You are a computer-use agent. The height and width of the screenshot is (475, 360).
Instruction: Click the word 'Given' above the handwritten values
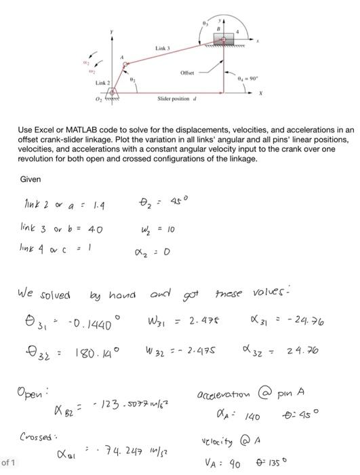point(31,180)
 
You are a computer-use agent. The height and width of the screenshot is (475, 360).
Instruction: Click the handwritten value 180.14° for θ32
point(96,354)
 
